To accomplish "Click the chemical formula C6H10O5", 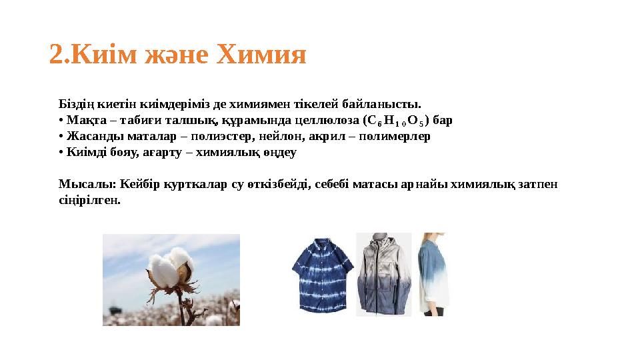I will pyautogui.click(x=396, y=121).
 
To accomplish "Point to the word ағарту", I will pyautogui.click(x=157, y=153).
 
